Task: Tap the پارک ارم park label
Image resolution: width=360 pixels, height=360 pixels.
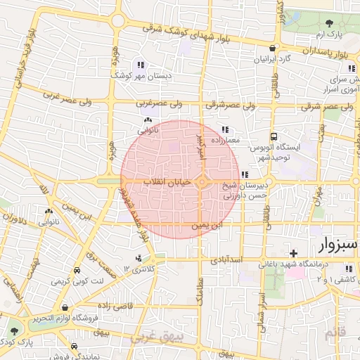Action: tap(335, 34)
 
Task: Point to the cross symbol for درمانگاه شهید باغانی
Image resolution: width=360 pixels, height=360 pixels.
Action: tap(294, 252)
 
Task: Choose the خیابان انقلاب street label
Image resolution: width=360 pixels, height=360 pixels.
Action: tap(167, 182)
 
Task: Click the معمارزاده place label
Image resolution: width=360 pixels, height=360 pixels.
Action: tap(224, 140)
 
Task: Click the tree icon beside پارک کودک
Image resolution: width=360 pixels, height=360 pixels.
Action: tap(14, 330)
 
